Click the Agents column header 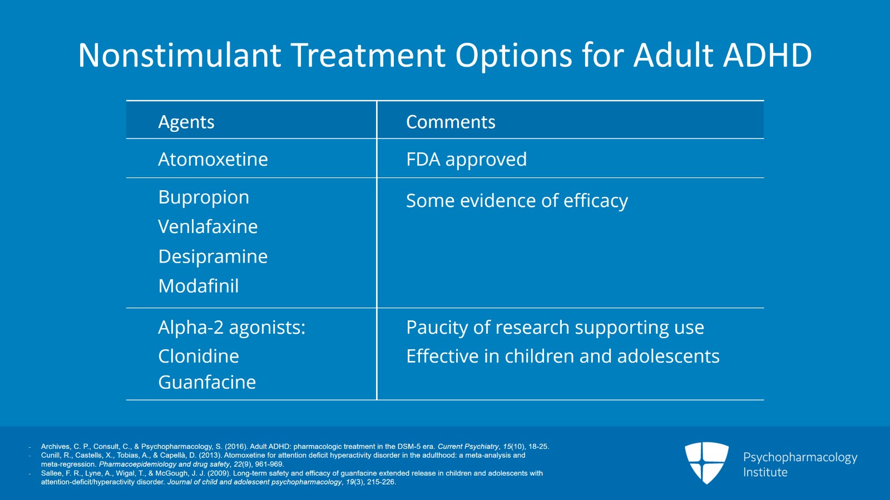[186, 122]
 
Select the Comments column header [451, 122]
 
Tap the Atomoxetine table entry [213, 159]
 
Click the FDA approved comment [466, 160]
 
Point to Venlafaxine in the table [208, 227]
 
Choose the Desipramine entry [213, 257]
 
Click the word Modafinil [198, 286]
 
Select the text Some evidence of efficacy [517, 201]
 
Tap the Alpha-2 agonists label [231, 328]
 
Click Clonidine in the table [198, 356]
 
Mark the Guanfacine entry [206, 382]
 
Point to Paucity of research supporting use [555, 328]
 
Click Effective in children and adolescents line [562, 356]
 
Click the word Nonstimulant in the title [180, 55]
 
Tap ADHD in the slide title [767, 55]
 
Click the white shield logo [706, 463]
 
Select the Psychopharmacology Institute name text [800, 464]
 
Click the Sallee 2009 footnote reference [291, 478]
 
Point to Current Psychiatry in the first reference [468, 447]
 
